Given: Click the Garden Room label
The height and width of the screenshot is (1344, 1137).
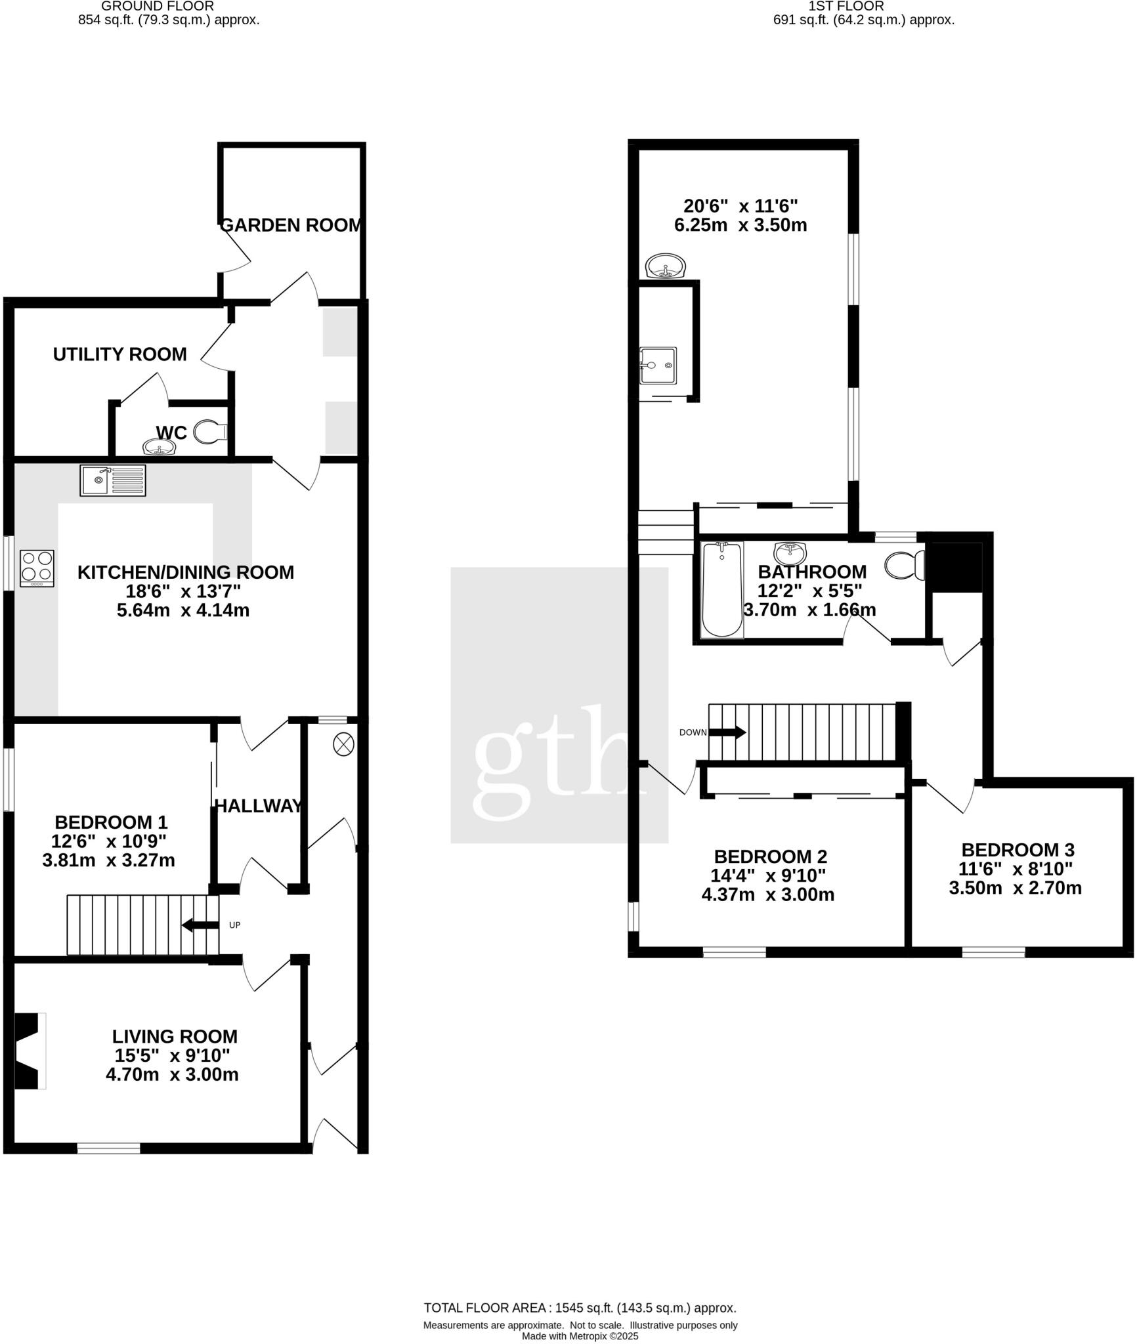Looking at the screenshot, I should pos(291,225).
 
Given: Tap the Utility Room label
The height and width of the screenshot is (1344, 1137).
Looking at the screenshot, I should pos(119,354).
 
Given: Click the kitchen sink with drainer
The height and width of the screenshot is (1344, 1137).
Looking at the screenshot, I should pos(113,480).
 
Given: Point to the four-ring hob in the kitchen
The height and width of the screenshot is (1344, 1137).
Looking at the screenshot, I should pos(37,568).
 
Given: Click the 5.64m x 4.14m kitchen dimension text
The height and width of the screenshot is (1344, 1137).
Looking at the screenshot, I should pos(183,610).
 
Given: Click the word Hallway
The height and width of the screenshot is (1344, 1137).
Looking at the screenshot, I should pos(259,806).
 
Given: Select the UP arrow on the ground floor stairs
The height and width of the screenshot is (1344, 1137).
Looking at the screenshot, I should pos(200,925).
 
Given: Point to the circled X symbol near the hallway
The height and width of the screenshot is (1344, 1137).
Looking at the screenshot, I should pos(343,744).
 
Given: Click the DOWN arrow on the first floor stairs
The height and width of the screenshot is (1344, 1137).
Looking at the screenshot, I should pos(727,732).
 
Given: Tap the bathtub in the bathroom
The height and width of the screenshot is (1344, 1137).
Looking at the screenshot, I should pos(721,589).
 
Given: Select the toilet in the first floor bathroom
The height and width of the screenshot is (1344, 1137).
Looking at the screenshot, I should pos(905,564).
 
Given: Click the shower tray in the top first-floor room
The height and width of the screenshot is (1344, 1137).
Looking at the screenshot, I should pos(658,366).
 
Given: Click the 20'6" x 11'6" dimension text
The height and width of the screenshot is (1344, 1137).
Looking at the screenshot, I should pos(740,206).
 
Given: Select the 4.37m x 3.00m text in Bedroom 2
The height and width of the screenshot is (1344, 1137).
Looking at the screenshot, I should pos(767,894).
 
